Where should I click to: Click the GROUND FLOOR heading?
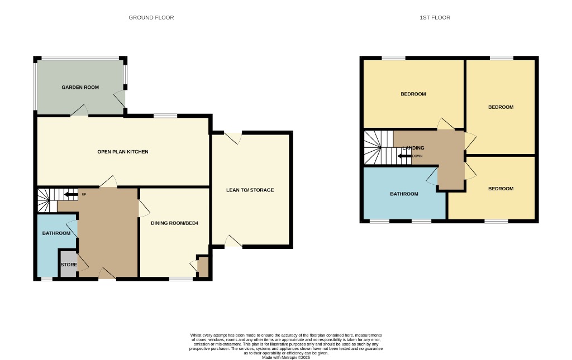pos(151,18)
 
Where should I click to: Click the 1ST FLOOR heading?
pos(435,18)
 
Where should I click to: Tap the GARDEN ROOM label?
pos(80,88)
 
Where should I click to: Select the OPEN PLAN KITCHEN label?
pos(123,152)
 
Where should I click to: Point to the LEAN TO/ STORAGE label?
pos(250,190)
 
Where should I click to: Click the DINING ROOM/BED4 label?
pos(175,223)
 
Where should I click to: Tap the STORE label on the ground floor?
pos(69,265)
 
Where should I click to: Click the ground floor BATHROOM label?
pos(56,233)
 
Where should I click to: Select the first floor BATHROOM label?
pos(404,194)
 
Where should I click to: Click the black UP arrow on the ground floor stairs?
pos(71,195)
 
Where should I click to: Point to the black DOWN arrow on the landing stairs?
pos(404,156)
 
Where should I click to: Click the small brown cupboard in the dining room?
pos(203,267)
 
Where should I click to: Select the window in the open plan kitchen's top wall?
pos(165,116)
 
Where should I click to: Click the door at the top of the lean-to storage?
pos(232,134)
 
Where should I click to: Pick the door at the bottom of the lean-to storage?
pos(233,244)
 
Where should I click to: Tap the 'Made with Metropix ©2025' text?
pos(285,357)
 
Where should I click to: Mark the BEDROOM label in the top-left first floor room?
pos(413,94)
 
